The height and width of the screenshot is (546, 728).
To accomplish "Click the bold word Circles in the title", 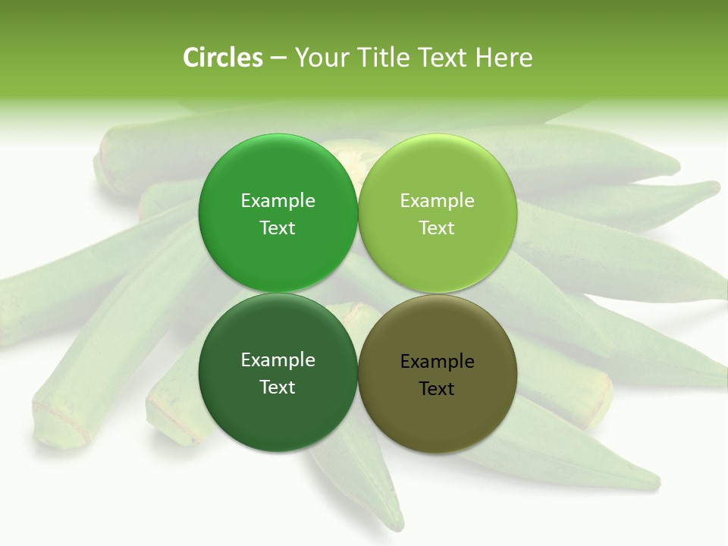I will click(222, 58).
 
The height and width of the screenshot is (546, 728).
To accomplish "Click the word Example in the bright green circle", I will click(278, 200).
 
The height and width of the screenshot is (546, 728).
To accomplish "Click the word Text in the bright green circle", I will click(278, 227).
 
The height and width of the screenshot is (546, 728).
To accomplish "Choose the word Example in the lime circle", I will click(437, 200).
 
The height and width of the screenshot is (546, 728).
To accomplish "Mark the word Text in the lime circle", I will click(437, 227).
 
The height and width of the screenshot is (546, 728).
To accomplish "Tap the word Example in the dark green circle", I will click(278, 359).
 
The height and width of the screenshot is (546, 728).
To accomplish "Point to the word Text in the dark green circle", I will click(278, 387).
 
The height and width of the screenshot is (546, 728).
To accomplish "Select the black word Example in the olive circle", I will click(437, 361).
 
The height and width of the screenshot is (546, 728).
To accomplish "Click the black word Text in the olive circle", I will click(437, 388).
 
